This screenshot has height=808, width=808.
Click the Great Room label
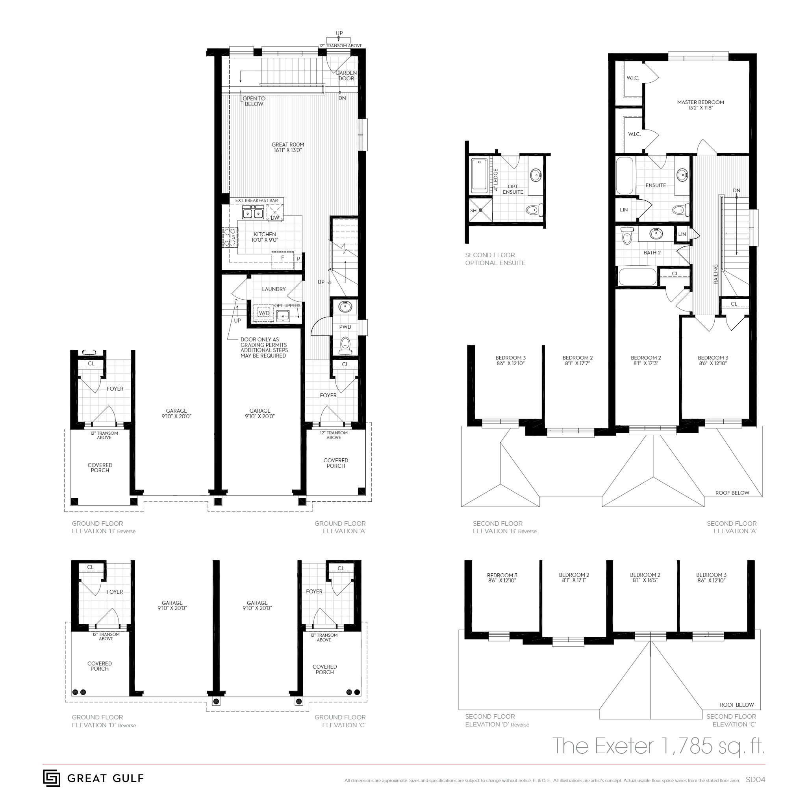[x=288, y=147]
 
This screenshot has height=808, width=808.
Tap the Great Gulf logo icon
[x=52, y=778]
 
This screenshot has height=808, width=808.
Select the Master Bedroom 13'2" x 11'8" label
[x=700, y=105]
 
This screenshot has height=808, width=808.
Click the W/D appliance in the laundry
[x=263, y=313]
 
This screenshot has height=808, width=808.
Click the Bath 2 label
[x=652, y=253]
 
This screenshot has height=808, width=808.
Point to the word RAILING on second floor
[x=715, y=274]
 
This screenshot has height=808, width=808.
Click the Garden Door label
[x=346, y=76]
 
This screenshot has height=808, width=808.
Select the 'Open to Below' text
[x=254, y=101]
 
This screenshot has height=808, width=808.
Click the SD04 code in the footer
[x=755, y=780]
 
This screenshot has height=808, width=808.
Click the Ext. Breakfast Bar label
[x=256, y=201]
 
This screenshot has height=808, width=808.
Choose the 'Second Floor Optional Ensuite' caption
[x=495, y=259]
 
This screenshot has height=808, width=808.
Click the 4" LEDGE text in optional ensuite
[x=496, y=180]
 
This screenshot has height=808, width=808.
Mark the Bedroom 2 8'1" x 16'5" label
[x=645, y=578]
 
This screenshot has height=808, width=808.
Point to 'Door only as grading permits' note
[x=263, y=348]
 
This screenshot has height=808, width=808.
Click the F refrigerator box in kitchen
[x=282, y=258]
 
